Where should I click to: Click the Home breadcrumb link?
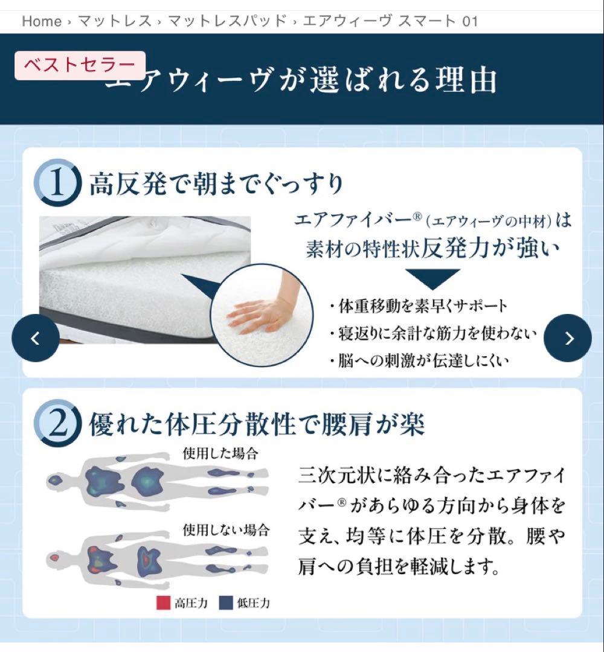coord(42,22)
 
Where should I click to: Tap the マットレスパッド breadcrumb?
coord(226,22)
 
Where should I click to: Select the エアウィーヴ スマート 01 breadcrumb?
coord(390,22)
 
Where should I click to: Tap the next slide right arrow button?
coord(568,338)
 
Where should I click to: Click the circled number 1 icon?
coord(57,183)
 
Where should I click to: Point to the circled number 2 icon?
coord(57,424)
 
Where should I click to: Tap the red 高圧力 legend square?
coord(163,602)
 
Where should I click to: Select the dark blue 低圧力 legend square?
coord(226,602)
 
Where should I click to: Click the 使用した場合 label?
coord(220,453)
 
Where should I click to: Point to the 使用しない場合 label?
coord(226,531)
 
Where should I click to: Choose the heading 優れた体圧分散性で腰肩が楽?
coord(257,424)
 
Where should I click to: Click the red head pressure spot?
coord(56,557)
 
